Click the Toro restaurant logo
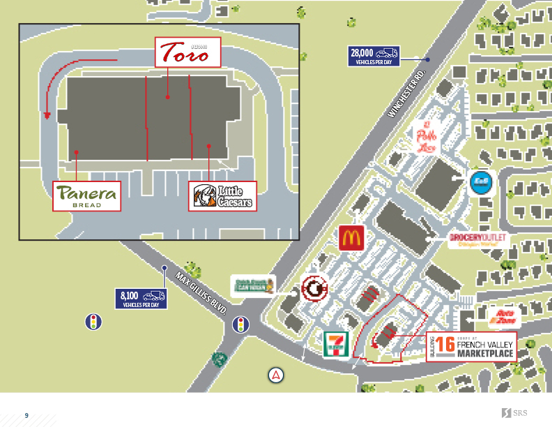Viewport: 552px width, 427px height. tap(185, 52)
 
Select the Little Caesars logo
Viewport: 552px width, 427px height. tap(222, 196)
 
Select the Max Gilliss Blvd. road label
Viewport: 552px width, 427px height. tap(202, 292)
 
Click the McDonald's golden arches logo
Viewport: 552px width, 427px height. tap(351, 238)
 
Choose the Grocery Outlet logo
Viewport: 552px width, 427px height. tap(480, 241)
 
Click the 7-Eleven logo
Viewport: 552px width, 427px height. tap(337, 344)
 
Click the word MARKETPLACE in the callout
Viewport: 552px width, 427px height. tap(486, 354)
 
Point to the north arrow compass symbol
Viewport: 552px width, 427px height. tap(277, 375)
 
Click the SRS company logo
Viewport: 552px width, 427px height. tap(514, 414)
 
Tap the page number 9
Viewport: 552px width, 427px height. tap(26, 415)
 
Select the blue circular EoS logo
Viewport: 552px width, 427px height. tap(480, 181)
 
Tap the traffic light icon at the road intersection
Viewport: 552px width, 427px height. tap(240, 325)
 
